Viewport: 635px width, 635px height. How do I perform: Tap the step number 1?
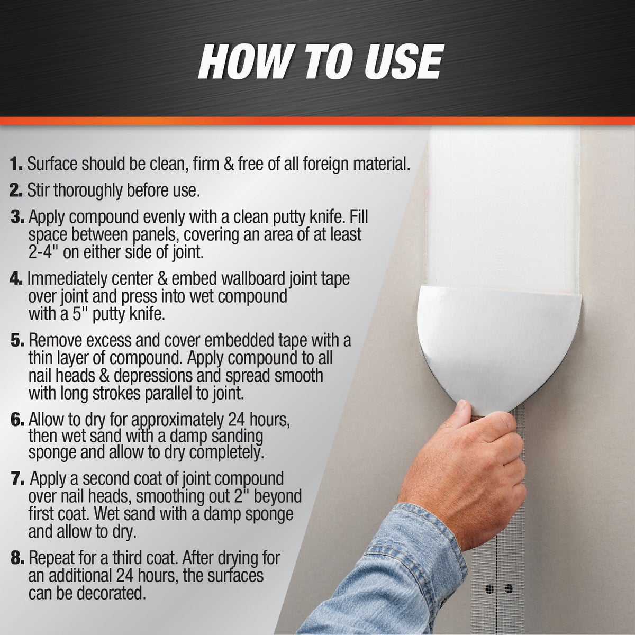(x=16, y=164)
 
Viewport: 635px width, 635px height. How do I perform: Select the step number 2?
(x=16, y=191)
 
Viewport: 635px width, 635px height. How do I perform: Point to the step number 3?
(x=17, y=217)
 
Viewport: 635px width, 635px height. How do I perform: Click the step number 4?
(x=16, y=279)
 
